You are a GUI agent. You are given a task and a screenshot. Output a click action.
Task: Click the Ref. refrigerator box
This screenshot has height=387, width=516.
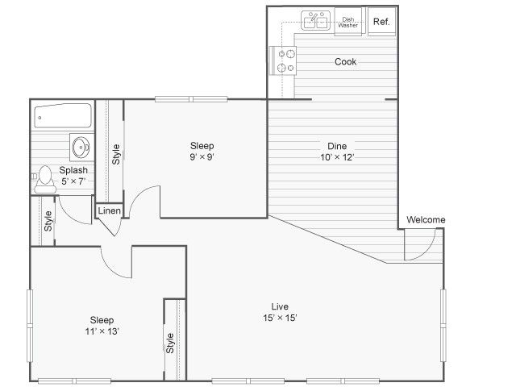381,22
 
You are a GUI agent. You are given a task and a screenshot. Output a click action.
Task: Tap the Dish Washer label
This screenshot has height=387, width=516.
348,22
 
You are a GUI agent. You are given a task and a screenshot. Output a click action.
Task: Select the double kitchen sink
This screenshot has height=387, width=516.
315,20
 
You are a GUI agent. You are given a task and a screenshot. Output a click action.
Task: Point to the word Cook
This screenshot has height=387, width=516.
346,62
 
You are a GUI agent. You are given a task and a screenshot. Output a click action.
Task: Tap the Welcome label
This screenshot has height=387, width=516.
426,220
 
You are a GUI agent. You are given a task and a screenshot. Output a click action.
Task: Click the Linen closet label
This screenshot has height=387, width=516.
109,211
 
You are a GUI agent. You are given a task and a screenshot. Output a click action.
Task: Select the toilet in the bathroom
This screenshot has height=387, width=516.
45,177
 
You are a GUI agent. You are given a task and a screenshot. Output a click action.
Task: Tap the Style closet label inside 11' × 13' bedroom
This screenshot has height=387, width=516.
170,343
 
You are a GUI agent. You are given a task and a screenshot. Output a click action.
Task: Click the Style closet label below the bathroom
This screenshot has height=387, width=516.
48,221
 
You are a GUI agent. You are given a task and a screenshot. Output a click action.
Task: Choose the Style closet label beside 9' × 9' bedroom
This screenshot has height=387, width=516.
116,153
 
